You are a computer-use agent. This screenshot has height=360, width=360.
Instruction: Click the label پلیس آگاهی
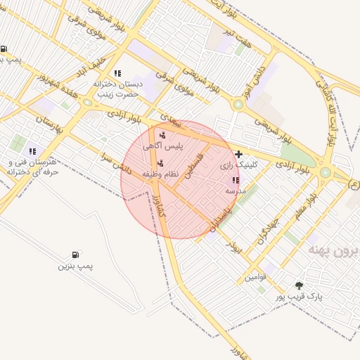[x=162, y=146]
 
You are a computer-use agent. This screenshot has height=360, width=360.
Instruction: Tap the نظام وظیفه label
[x=160, y=173]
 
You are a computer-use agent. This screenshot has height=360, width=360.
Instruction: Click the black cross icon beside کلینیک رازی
[x=239, y=154]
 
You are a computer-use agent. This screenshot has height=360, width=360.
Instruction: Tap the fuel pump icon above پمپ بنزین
[x=75, y=255]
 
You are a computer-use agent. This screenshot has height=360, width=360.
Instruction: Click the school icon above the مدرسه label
[x=235, y=181]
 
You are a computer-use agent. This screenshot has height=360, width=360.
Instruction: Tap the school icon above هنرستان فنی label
[x=32, y=151]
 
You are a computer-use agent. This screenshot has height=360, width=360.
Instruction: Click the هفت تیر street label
[x=236, y=36]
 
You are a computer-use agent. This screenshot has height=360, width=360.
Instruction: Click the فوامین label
[x=255, y=277]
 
